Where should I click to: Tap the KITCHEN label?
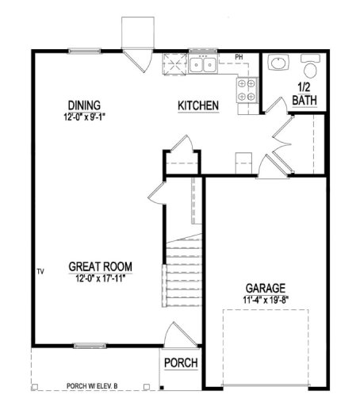tap(198, 105)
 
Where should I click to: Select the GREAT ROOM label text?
tap(100, 266)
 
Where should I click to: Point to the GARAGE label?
tap(265, 288)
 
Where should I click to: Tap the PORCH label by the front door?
tap(181, 363)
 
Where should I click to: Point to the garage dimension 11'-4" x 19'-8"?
tap(264, 299)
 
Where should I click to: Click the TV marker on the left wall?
tap(40, 272)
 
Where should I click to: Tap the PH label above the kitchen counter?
tap(239, 57)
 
